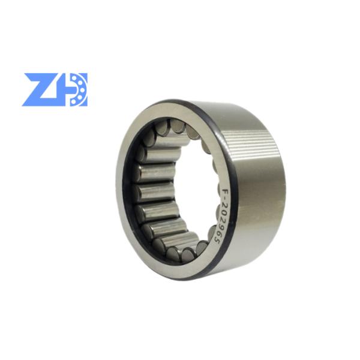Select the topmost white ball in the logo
(74, 78)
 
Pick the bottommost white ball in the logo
(74, 101)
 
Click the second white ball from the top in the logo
(80, 82)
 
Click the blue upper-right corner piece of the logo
(84, 76)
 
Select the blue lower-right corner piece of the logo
(84, 103)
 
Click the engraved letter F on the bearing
(226, 191)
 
